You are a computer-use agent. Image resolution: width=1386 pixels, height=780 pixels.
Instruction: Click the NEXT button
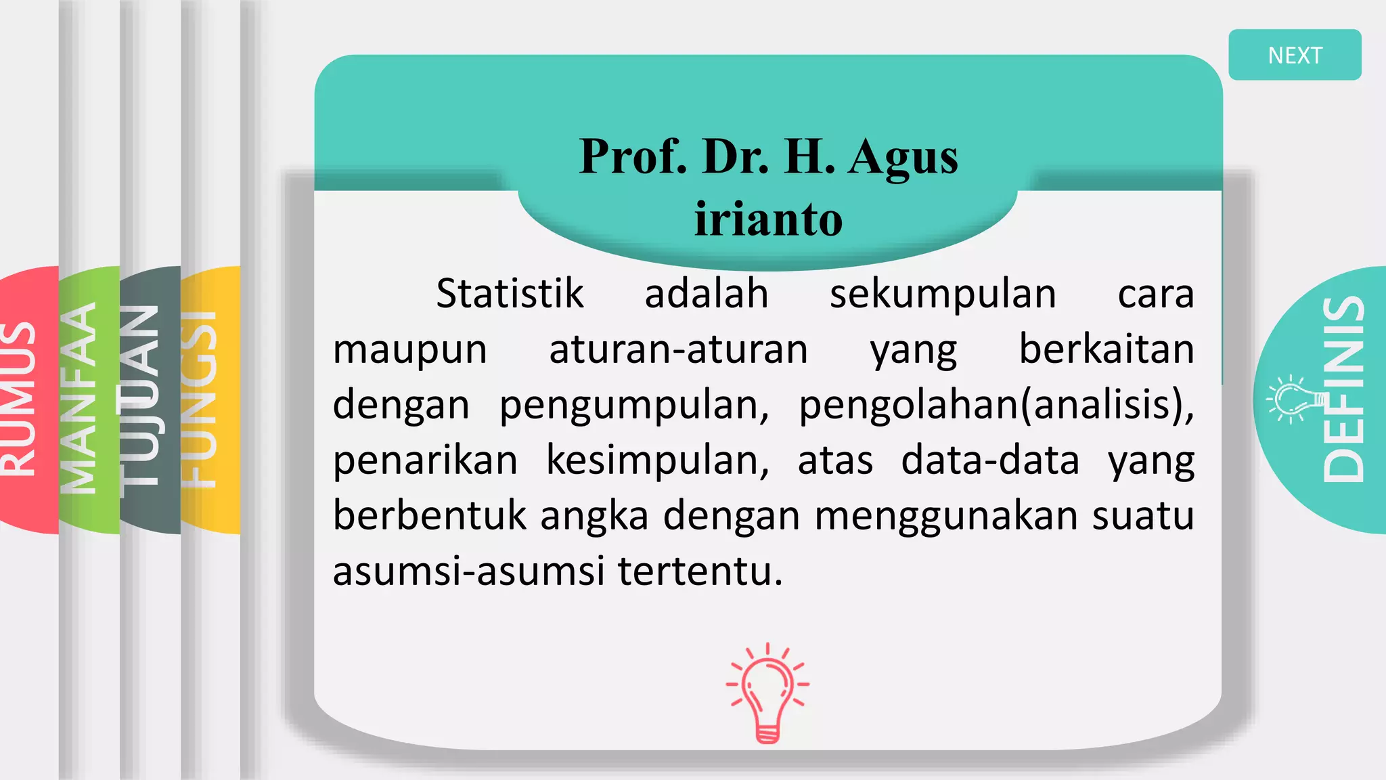coord(1294,55)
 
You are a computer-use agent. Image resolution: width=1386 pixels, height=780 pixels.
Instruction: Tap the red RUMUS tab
coord(20,399)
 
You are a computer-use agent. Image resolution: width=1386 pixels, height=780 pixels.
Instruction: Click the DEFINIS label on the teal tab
coord(1344,389)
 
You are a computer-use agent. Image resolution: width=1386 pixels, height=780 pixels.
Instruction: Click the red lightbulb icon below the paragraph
coord(767,693)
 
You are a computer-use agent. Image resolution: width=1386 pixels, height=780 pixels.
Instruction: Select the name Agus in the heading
coord(903,157)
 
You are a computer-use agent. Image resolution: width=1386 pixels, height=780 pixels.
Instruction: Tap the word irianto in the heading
coord(769,219)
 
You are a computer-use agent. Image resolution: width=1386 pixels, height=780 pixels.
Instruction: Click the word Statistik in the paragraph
coord(510,294)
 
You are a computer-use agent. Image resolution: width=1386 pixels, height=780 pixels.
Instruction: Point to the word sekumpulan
coord(943,294)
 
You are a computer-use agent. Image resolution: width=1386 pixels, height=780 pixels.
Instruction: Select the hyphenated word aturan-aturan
coord(678,349)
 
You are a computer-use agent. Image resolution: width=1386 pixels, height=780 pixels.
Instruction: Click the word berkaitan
coord(1106,349)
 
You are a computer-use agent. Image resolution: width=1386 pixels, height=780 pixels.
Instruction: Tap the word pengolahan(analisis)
coord(996,405)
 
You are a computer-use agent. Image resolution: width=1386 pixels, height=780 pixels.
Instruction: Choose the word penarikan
coord(425,460)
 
